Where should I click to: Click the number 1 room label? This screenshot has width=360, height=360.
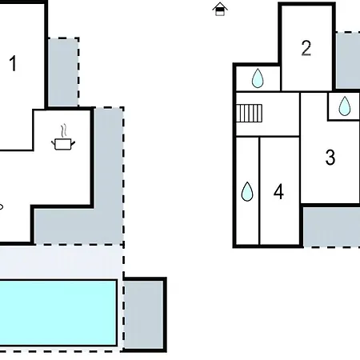pos(13,63)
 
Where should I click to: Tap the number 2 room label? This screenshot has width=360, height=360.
pos(306,48)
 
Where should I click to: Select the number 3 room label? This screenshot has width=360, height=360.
pos(330,158)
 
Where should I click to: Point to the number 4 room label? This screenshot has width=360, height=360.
pos(278,192)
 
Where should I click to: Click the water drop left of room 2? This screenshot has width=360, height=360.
pos(258,78)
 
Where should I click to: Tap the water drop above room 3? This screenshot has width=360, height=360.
pos(344,106)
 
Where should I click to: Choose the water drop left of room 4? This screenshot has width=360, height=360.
pos(247,191)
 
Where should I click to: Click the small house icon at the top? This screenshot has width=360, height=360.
pos(221,10)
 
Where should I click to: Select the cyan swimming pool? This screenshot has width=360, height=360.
pos(56,312)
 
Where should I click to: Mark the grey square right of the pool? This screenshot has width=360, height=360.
pos(145,314)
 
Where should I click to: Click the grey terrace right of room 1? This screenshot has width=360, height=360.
pos(63,72)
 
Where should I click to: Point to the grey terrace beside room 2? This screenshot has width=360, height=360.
pos(347,60)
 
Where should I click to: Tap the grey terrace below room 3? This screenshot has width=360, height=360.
pos(330,226)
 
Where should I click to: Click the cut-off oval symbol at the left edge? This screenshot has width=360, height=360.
pos(2,206)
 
